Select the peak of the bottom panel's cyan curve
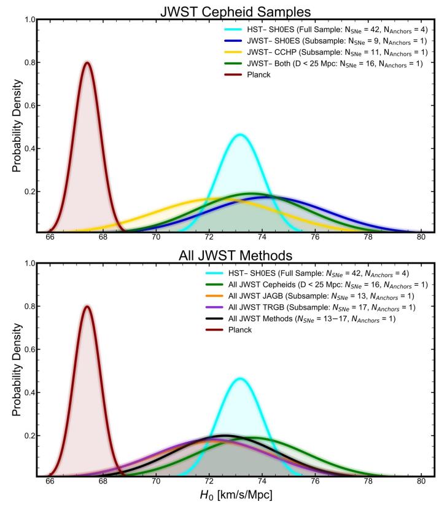tap(240, 379)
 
